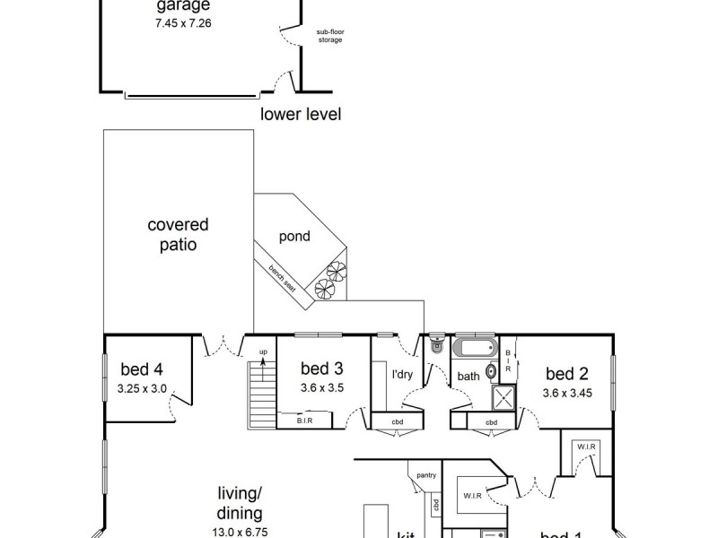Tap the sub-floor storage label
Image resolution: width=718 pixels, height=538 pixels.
pos(329,37)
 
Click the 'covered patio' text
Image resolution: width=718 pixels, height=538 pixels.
pos(178,234)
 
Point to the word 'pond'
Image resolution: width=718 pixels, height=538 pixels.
pos(294,237)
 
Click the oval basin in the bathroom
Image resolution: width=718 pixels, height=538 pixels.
pos(492,372)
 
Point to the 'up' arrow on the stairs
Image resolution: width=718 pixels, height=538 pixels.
pos(263,356)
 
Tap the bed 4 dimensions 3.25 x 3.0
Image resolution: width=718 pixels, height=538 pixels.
pos(144,389)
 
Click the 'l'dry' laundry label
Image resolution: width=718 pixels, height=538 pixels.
pos(401,375)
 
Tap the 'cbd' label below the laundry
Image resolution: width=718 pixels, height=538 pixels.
pos(396,422)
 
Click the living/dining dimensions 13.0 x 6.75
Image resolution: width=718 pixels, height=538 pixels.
pos(240,532)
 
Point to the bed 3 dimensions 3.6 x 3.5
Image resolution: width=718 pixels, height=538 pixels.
pos(322,388)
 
